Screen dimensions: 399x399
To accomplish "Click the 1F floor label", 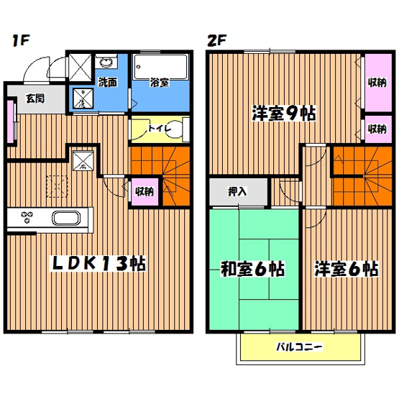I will click(19, 40).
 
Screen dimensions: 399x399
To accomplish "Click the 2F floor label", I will click(216, 40).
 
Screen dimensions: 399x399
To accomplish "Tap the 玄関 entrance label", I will click(35, 98).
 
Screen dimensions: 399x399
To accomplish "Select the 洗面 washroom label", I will click(108, 83).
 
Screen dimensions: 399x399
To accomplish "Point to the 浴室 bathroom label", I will click(160, 83).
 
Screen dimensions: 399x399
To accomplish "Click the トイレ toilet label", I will click(159, 129).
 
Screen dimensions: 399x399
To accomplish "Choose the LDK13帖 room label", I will click(98, 264).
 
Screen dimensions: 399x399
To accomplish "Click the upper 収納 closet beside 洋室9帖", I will click(375, 82).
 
